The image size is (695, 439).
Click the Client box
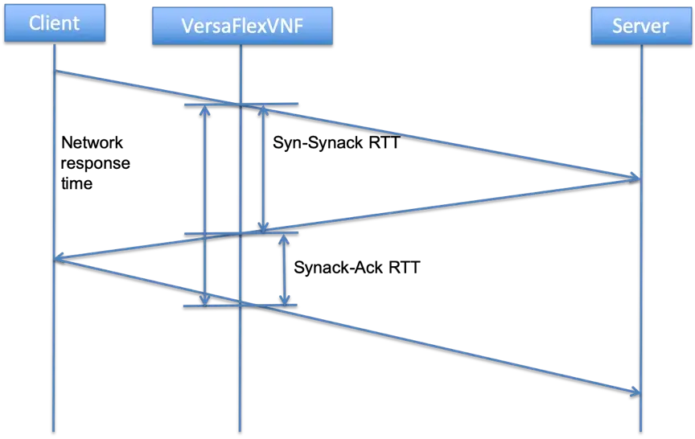(x=55, y=23)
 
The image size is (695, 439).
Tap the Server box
(x=640, y=26)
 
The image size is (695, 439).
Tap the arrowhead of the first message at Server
(x=633, y=176)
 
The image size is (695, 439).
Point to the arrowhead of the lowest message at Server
(x=634, y=391)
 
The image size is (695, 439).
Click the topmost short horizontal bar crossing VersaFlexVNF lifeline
(x=241, y=105)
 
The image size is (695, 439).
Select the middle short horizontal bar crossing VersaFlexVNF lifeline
(x=241, y=233)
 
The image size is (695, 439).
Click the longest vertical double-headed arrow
(x=205, y=205)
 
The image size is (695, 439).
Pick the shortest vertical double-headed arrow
(x=284, y=269)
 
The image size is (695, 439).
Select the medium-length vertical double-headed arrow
(x=262, y=169)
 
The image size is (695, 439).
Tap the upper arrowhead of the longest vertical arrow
(x=205, y=111)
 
